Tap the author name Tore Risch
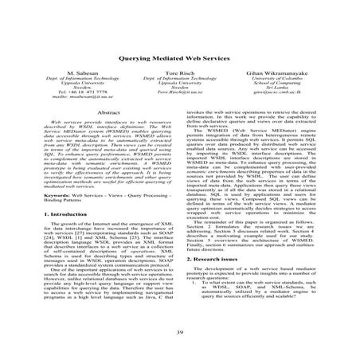click(x=180, y=93)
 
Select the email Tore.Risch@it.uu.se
click(x=180, y=116)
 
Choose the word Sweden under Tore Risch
click(x=180, y=111)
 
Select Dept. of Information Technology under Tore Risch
click(x=180, y=100)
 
